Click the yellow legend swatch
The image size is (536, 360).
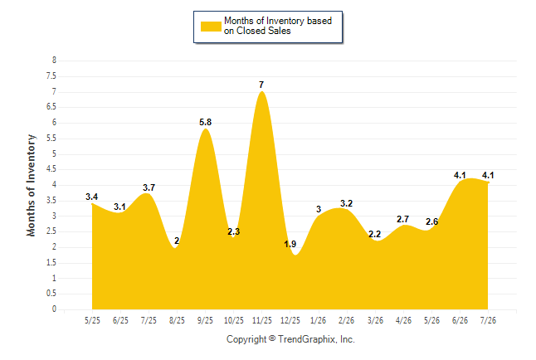(x=211, y=27)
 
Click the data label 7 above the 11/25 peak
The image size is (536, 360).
(x=261, y=85)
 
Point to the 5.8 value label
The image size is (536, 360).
(x=206, y=122)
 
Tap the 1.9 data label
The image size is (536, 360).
(x=290, y=244)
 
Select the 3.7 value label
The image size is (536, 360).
(x=149, y=187)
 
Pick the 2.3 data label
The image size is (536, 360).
(x=234, y=231)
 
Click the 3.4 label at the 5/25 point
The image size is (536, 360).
(x=91, y=197)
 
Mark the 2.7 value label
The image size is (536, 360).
(x=403, y=219)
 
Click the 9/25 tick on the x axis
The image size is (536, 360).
(x=205, y=320)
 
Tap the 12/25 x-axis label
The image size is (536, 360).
(x=290, y=320)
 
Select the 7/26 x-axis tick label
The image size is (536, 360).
(x=488, y=320)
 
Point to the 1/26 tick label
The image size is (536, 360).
(x=319, y=320)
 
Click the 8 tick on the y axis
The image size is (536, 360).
(x=54, y=61)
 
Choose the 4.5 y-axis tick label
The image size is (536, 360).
(x=51, y=169)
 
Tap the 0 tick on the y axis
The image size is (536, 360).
(x=54, y=309)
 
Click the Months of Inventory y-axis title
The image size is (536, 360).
(x=31, y=185)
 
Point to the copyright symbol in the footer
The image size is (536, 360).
(x=272, y=338)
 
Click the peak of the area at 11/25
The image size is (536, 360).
(x=262, y=91)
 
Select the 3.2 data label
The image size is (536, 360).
(x=347, y=204)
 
